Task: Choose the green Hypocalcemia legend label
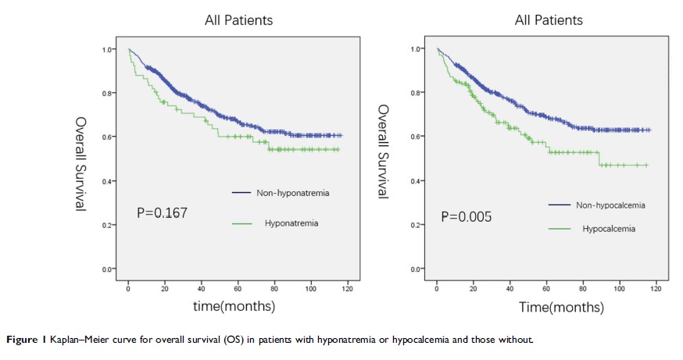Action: [x=609, y=229]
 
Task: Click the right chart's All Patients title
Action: [x=549, y=20]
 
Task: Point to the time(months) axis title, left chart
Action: [x=234, y=307]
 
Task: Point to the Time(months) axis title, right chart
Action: [x=548, y=307]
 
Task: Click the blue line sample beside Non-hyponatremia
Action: [x=241, y=191]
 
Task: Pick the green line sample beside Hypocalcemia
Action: [x=560, y=229]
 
